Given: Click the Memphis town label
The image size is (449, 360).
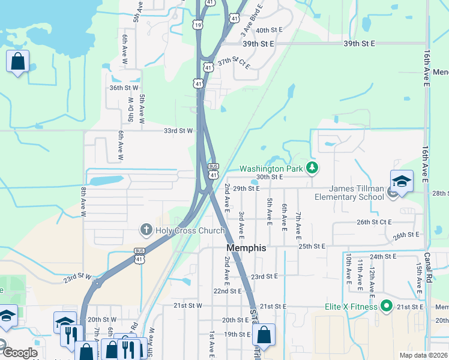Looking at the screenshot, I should (x=246, y=247).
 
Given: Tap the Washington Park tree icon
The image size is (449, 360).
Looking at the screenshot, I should (x=312, y=168).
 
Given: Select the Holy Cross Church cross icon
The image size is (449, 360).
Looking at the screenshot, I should (x=146, y=230).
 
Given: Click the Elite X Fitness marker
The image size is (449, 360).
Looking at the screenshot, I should (x=387, y=307).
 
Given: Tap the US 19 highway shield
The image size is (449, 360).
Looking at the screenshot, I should (x=198, y=24).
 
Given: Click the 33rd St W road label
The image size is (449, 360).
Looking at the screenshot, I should (x=178, y=130).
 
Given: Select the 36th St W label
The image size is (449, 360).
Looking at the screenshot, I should (x=124, y=88).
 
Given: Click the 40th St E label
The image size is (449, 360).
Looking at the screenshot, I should (x=269, y=30).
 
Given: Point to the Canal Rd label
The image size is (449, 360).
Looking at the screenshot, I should (x=427, y=261).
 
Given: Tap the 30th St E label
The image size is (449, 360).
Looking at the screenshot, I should (x=269, y=177).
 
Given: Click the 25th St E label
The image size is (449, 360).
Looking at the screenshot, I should (x=312, y=246).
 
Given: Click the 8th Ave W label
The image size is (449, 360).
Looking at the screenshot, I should (x=84, y=202).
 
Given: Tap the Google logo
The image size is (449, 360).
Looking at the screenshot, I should (x=19, y=352).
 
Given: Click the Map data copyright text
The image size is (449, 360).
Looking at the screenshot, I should (x=424, y=355).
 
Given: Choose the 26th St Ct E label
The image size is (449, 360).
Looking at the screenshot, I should (x=374, y=222).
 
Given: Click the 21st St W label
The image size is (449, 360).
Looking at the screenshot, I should (x=188, y=305).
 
